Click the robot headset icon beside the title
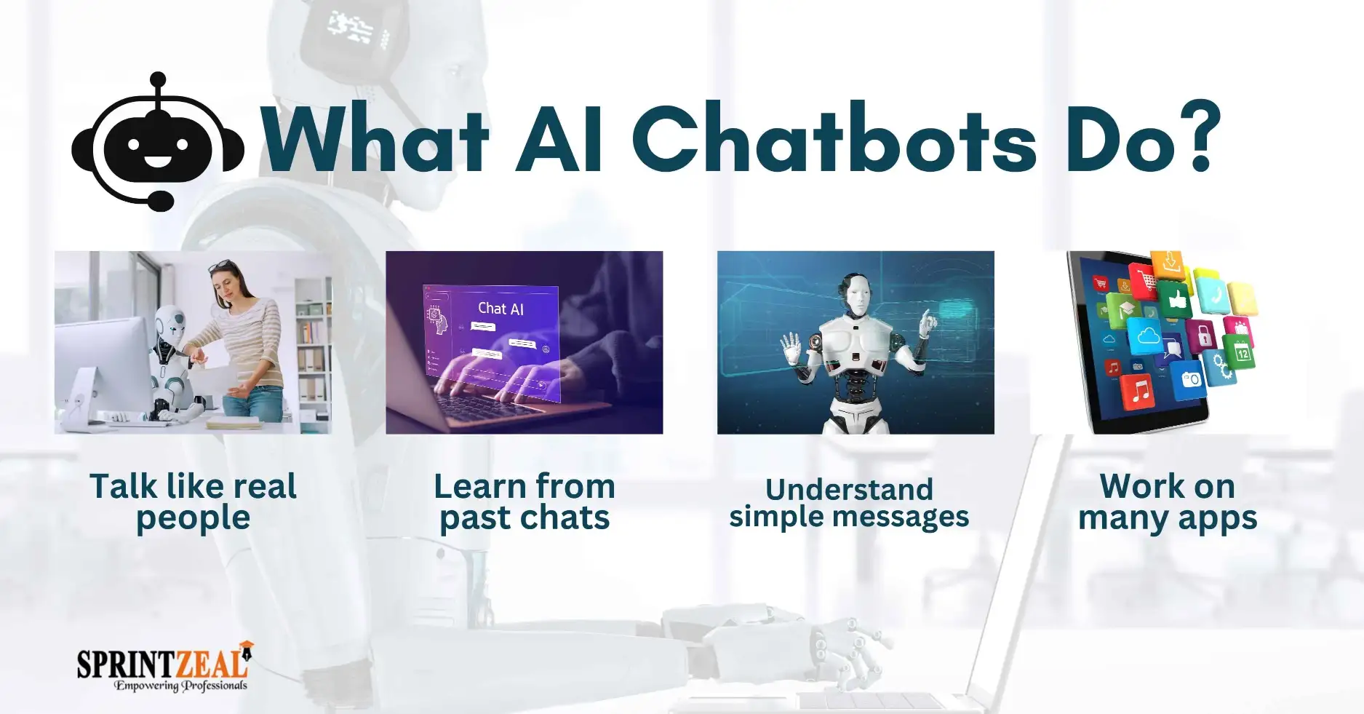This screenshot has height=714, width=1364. (158, 142)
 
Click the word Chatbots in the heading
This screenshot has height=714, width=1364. (834, 138)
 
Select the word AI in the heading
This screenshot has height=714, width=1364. (558, 138)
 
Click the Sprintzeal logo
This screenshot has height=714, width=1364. (164, 666)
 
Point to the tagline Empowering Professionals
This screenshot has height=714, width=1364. (180, 686)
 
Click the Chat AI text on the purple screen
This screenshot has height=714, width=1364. (500, 309)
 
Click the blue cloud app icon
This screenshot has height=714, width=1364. (1148, 336)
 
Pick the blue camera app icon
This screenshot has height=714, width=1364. (1191, 379)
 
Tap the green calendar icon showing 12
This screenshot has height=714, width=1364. (1241, 353)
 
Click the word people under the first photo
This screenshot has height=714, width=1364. (193, 518)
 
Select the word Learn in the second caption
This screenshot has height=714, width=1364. (480, 486)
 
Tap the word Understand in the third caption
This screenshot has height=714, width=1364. (849, 489)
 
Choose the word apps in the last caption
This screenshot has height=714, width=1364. (1218, 520)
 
